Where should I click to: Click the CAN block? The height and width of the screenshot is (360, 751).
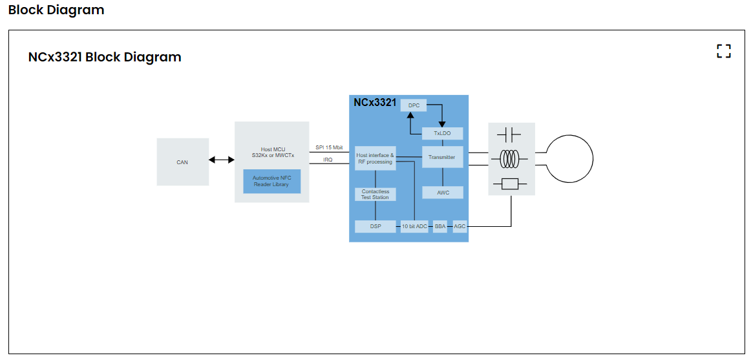click(182, 162)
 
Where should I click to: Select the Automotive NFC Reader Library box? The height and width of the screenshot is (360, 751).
click(271, 181)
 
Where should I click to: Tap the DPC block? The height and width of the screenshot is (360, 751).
click(414, 105)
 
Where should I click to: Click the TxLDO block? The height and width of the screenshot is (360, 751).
click(442, 134)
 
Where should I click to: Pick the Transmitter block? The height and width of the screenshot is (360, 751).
click(442, 157)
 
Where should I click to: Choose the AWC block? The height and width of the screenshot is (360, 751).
click(442, 193)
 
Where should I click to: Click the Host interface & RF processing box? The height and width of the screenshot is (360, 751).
click(375, 158)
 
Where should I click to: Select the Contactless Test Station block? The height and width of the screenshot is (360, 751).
click(375, 194)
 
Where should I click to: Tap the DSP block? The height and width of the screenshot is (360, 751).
click(375, 227)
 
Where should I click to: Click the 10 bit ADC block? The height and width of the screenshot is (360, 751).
click(414, 227)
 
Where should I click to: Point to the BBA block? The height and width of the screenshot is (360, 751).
click(440, 227)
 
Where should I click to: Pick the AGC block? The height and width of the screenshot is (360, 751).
click(460, 227)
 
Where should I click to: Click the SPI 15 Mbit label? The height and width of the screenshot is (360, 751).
click(329, 148)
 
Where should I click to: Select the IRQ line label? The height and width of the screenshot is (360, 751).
click(328, 160)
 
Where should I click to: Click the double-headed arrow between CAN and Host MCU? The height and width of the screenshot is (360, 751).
click(222, 160)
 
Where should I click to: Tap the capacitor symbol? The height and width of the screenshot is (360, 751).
click(509, 135)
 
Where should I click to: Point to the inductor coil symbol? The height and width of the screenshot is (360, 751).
click(511, 158)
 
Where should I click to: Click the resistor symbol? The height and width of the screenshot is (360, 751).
click(511, 184)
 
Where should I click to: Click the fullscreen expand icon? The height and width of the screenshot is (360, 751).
click(724, 52)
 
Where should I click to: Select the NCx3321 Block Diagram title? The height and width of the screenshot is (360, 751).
click(105, 57)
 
